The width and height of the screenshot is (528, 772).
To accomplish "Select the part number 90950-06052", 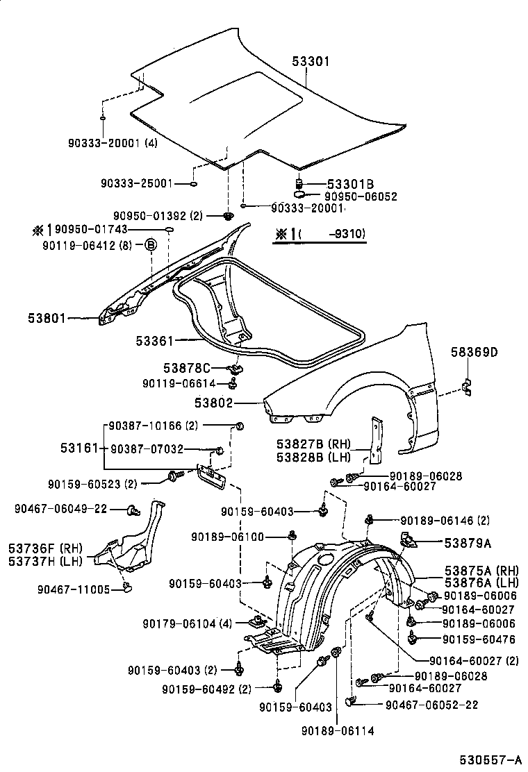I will pyautogui.click(x=355, y=196).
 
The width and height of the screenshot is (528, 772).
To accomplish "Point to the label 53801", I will pyautogui.click(x=47, y=319).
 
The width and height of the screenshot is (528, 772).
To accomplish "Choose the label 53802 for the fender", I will pyautogui.click(x=213, y=402).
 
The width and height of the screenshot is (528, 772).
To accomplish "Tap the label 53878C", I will pyautogui.click(x=186, y=367).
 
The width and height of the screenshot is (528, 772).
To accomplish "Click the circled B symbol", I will pyautogui.click(x=150, y=244).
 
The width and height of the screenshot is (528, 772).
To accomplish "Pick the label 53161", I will pyautogui.click(x=76, y=448).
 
